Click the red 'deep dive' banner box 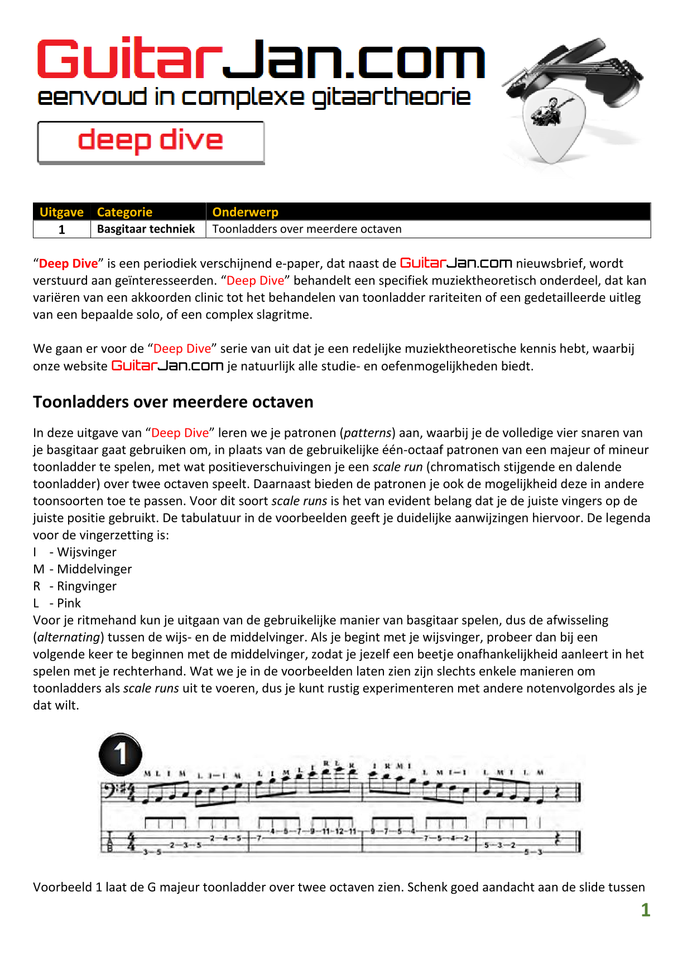coord(151,142)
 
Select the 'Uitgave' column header coord(61,212)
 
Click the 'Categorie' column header coord(124,212)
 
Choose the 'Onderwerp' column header coord(245,212)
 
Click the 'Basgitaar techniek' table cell coord(146,229)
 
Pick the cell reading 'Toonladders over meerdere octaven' coord(307,229)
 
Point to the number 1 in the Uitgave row coord(61,230)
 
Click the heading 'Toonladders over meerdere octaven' coord(173,402)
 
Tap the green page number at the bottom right coord(645,910)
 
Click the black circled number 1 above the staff coord(120,754)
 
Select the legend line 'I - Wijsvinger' coord(75,552)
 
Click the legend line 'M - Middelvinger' coord(83,569)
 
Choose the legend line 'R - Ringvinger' coord(75,586)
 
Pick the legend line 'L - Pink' coord(57,603)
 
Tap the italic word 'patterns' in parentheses coord(368,433)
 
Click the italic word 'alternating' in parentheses coord(69,637)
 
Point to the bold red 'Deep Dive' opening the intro coord(68,263)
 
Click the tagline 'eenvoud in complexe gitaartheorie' coord(254,97)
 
